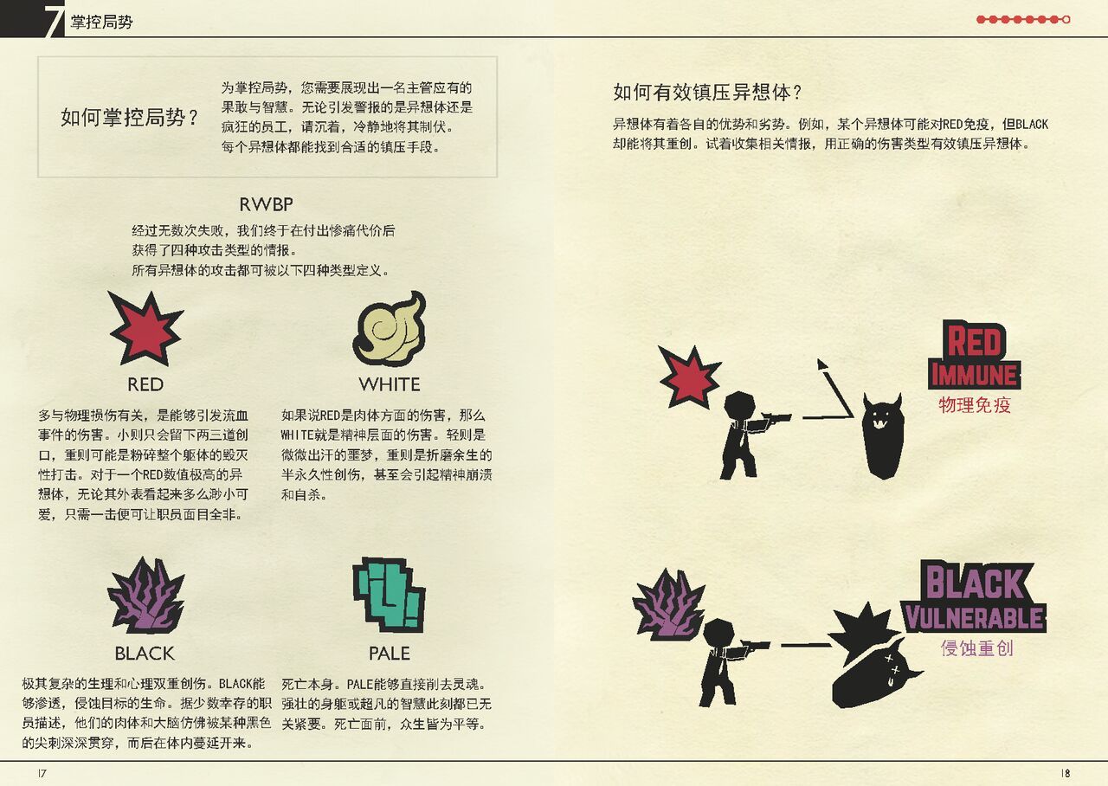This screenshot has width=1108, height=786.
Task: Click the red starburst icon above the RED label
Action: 145,328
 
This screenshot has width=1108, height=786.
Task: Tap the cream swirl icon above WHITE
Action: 390,328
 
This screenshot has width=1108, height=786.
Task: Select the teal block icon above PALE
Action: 389,595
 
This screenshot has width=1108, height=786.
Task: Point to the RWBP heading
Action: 266,204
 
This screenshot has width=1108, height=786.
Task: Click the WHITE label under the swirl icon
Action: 390,384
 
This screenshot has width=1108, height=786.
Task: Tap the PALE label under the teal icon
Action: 390,654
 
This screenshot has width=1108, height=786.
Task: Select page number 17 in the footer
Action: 42,773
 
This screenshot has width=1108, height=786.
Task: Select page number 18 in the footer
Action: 1066,773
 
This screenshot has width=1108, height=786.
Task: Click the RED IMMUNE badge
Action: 975,355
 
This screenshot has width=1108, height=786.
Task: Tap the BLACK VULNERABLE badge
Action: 975,597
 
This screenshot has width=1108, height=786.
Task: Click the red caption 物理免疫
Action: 975,405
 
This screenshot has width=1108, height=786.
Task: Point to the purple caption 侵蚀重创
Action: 977,648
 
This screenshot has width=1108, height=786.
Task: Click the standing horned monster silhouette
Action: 883,435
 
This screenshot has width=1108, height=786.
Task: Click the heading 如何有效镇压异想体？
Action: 707,93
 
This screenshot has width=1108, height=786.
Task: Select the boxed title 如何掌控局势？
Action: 130,118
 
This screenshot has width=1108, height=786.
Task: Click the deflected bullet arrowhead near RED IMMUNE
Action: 822,364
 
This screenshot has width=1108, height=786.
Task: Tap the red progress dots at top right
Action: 1023,19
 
